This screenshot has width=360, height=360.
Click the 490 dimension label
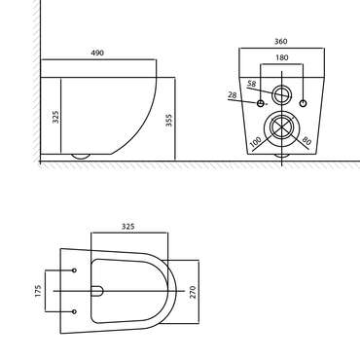(97, 53)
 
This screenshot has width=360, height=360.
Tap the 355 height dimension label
(168, 120)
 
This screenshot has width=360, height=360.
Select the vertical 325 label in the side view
(55, 117)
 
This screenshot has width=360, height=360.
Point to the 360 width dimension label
(281, 42)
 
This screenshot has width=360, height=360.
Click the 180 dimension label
(281, 57)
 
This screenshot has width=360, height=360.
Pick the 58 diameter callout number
(252, 84)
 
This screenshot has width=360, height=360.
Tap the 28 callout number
(233, 95)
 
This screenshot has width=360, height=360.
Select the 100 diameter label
(256, 142)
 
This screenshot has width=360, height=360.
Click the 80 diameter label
(306, 141)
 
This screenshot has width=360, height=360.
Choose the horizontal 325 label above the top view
(128, 227)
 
